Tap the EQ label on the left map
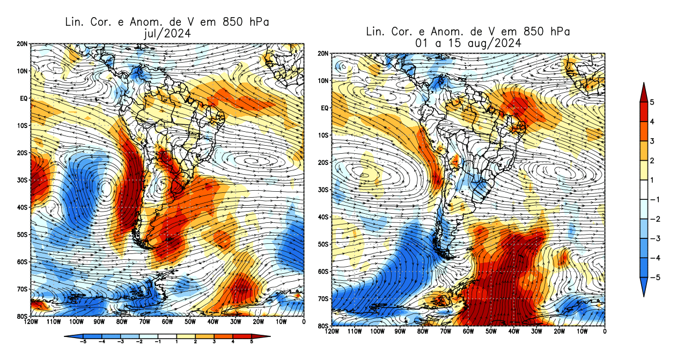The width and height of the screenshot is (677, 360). (x=24, y=98)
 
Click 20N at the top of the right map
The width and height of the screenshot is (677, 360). (x=323, y=54)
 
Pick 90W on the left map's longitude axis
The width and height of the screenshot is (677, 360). (x=98, y=322)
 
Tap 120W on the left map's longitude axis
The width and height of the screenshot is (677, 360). (x=31, y=322)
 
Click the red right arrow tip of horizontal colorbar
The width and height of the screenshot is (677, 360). (x=268, y=336)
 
